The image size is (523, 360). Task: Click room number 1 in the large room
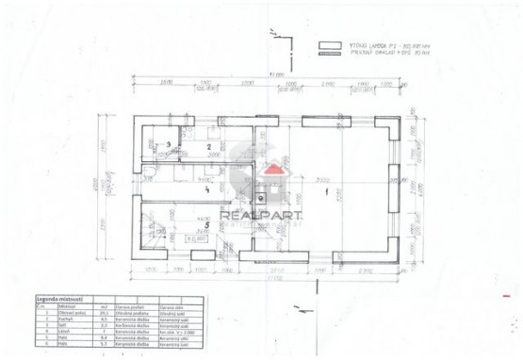pos(327,192)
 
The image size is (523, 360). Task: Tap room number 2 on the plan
pos(208,148)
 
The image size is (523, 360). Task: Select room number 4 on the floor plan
pos(205,188)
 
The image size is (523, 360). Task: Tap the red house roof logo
pos(272,170)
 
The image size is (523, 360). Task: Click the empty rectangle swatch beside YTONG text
pos(330,44)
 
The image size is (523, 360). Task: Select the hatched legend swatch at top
pos(330,54)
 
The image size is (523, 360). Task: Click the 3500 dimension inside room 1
pos(321,179)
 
